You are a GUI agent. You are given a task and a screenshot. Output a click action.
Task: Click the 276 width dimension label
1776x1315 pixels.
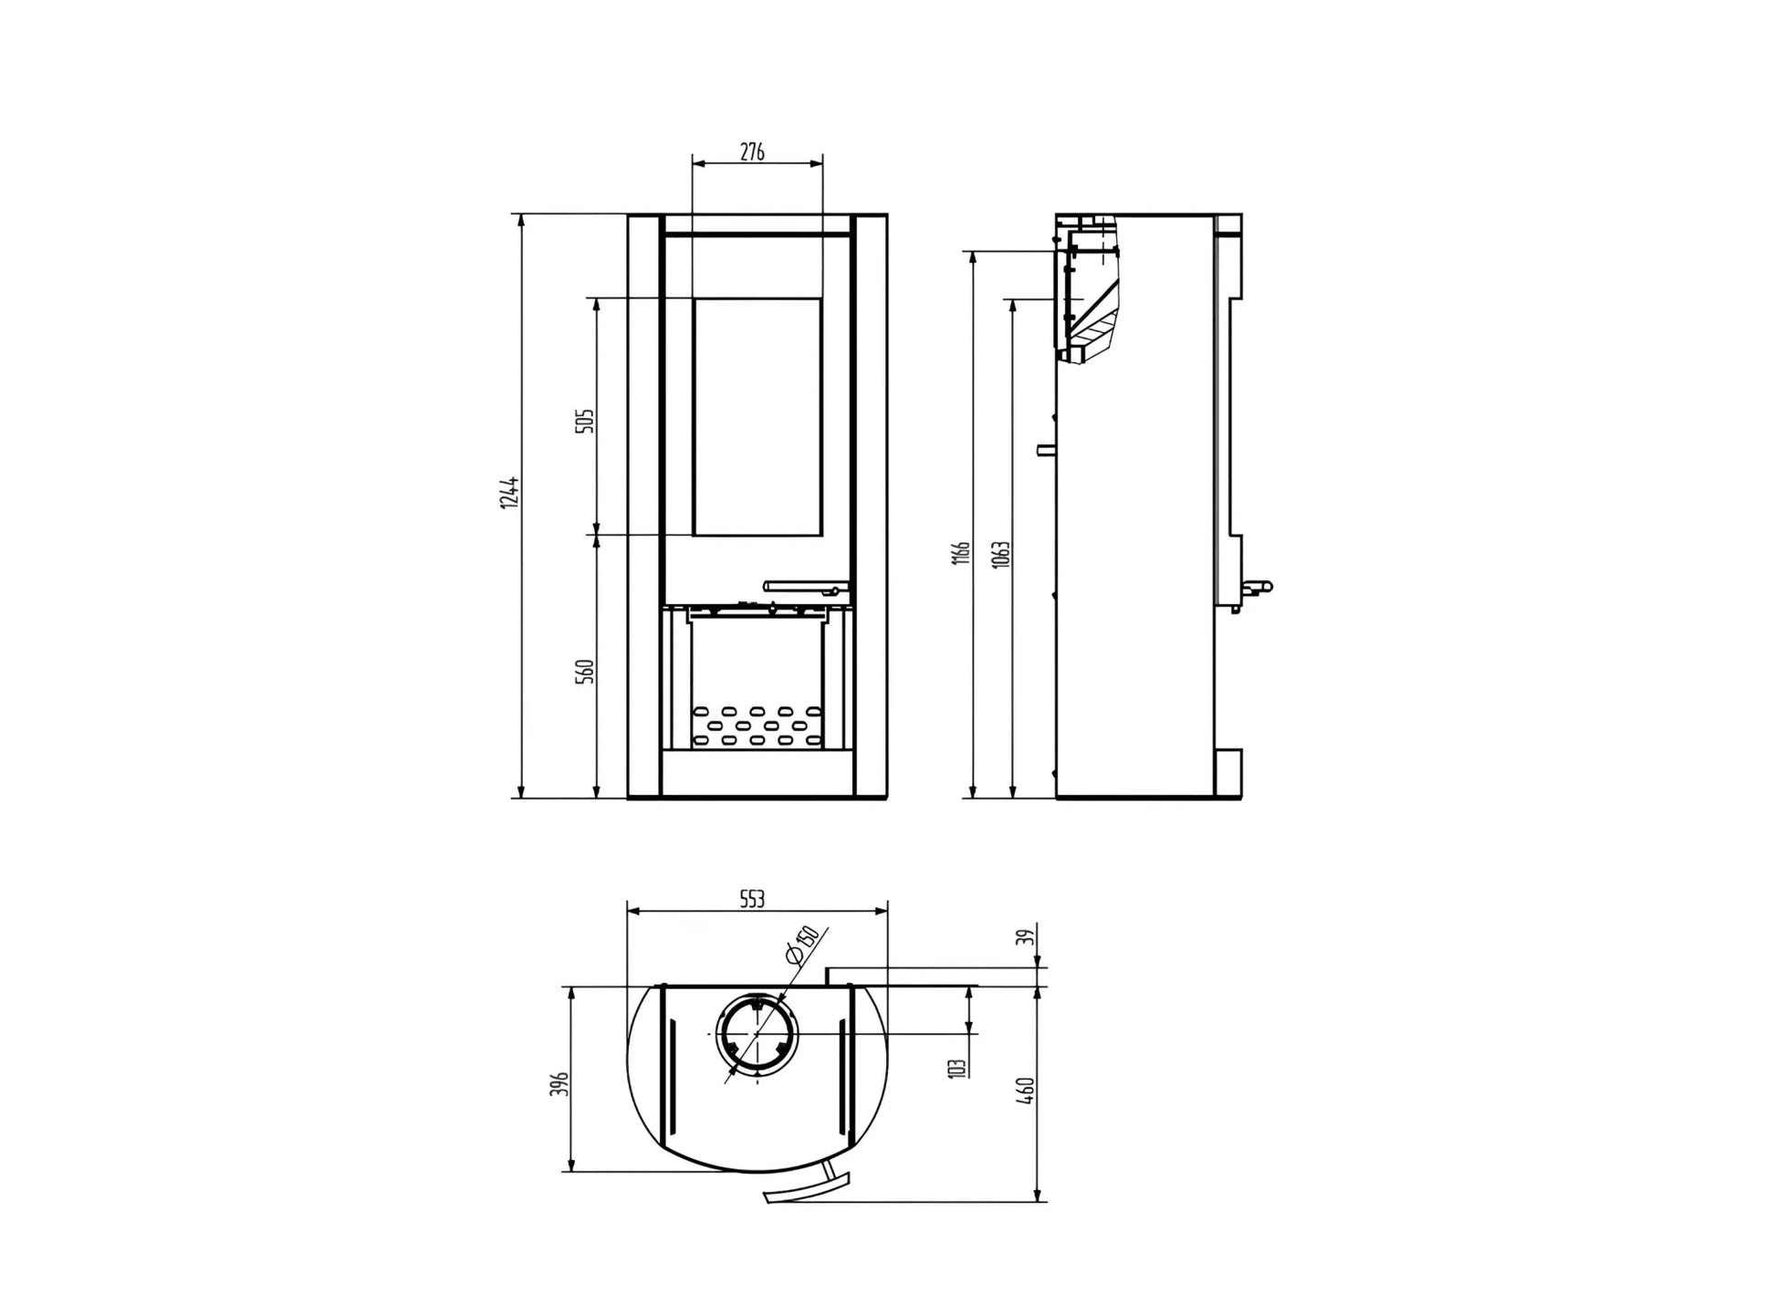(751, 151)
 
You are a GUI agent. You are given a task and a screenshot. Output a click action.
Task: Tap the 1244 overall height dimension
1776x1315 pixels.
(510, 492)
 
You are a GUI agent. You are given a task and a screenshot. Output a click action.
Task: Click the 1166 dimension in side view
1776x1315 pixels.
(961, 553)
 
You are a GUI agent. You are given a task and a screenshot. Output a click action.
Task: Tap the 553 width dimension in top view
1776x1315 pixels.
(751, 899)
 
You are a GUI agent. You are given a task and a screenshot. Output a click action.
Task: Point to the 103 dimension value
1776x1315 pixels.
(956, 1069)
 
